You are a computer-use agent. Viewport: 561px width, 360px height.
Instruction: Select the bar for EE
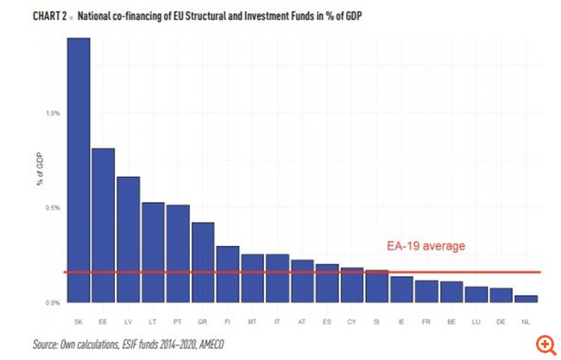[104, 225]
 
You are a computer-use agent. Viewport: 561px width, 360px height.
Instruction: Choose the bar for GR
[203, 262]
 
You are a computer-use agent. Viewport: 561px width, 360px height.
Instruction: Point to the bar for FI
[228, 275]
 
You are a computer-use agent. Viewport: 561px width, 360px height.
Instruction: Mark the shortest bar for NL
[526, 299]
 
